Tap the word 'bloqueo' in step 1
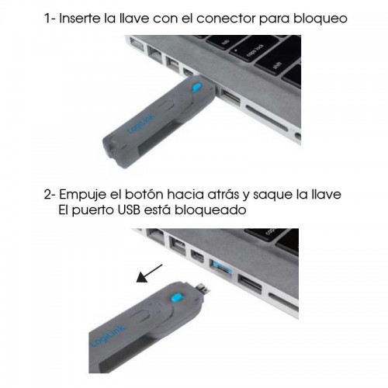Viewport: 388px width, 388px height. click(x=319, y=17)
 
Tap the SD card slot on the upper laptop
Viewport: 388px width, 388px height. click(x=268, y=116)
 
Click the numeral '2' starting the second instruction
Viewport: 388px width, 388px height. click(x=47, y=193)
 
